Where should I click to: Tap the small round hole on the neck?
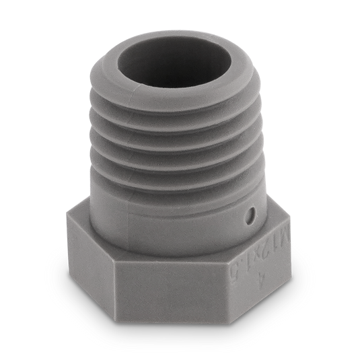(250, 217)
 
